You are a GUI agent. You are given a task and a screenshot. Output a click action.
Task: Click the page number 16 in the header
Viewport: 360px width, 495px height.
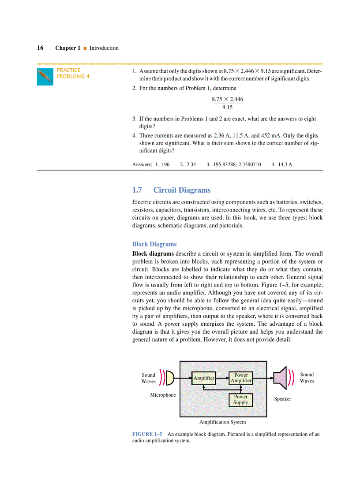[x=40, y=48]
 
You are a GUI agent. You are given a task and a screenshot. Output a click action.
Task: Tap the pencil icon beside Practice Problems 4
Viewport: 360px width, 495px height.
[x=45, y=77]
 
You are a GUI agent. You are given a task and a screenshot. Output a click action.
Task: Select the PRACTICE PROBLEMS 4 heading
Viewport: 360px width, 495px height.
[x=73, y=73]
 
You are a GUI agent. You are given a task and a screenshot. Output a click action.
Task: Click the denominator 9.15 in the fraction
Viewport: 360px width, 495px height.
[x=227, y=107]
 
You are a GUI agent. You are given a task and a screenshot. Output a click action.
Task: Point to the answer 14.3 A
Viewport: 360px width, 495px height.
[x=285, y=164]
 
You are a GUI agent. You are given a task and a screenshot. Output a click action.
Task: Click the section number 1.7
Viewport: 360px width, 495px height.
[x=137, y=190]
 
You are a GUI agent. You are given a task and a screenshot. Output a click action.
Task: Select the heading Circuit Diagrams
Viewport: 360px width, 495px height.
[x=182, y=190]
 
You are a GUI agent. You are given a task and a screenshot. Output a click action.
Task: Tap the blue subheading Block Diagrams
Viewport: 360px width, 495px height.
[x=154, y=244]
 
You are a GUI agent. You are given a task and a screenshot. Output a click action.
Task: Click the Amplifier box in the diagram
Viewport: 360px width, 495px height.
[x=204, y=378]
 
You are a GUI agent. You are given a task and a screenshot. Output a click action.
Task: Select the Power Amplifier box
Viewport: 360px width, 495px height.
[x=241, y=378]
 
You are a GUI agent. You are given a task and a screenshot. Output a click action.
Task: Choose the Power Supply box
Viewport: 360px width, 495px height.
[x=241, y=399]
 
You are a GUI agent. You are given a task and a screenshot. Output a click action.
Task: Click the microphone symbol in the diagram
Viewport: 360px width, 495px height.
[x=170, y=378]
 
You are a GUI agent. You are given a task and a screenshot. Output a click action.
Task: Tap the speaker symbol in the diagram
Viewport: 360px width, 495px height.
[x=280, y=378]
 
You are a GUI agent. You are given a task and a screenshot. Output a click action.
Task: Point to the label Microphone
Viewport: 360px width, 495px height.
[x=163, y=395]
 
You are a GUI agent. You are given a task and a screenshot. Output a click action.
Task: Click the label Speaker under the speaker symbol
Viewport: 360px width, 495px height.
[x=282, y=399]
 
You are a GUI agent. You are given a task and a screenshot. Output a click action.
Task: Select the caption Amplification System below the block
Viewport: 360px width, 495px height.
[x=222, y=422]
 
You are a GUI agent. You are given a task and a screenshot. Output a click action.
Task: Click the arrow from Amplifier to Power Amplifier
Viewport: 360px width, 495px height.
[x=222, y=378]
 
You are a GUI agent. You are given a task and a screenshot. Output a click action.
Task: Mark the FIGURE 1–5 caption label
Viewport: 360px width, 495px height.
[x=147, y=434]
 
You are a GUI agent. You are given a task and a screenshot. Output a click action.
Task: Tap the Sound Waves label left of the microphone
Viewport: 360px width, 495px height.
[x=149, y=378]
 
